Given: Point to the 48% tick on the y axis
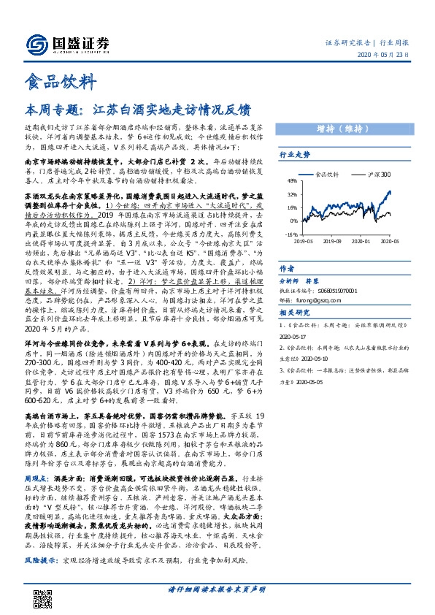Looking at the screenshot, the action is tap(292, 182).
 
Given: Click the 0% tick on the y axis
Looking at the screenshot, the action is tap(293, 220).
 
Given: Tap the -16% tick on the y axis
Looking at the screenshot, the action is tap(291, 234).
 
